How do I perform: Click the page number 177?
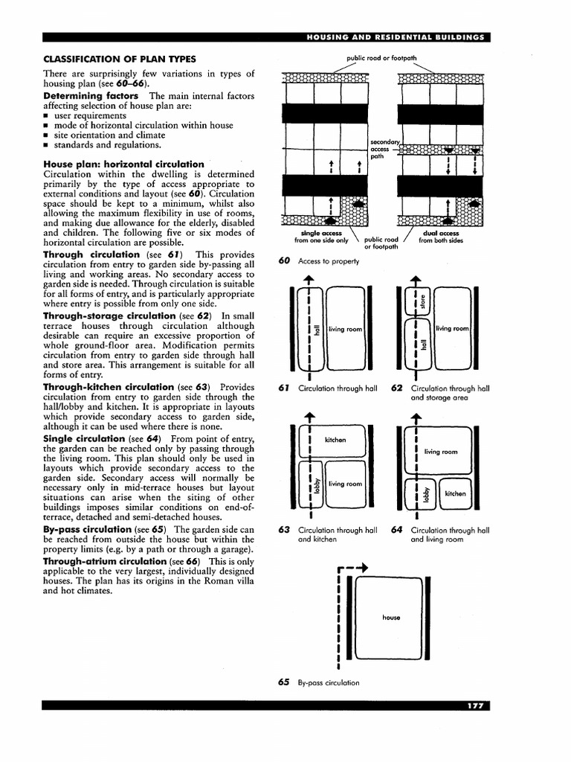click(x=474, y=705)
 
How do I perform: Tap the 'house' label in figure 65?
click(x=391, y=617)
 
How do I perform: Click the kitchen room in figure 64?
click(x=454, y=493)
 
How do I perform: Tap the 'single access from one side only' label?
click(x=321, y=237)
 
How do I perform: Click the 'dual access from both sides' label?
click(x=440, y=237)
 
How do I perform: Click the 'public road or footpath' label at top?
click(x=381, y=58)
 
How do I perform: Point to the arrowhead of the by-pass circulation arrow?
click(x=364, y=569)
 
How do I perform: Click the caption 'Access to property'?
click(x=328, y=261)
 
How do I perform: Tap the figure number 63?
click(x=283, y=531)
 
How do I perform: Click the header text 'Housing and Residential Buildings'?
click(x=395, y=37)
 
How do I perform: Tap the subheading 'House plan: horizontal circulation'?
click(x=123, y=164)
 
